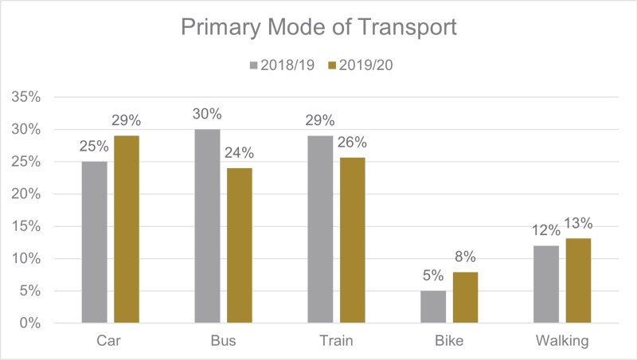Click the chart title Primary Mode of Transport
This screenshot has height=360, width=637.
318,27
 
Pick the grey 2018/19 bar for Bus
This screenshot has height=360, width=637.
207,226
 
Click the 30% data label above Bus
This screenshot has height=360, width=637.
207,114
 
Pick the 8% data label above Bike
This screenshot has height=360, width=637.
464,257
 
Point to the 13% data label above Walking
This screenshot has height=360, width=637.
579,225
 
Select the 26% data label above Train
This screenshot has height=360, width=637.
351,143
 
